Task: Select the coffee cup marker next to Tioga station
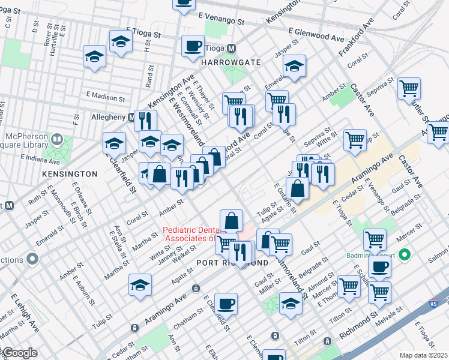pyautogui.click(x=193, y=47)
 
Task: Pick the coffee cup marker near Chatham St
pyautogui.click(x=226, y=304)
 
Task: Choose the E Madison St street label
pyautogui.click(x=106, y=96)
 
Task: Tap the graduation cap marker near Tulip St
pyautogui.click(x=140, y=285)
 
